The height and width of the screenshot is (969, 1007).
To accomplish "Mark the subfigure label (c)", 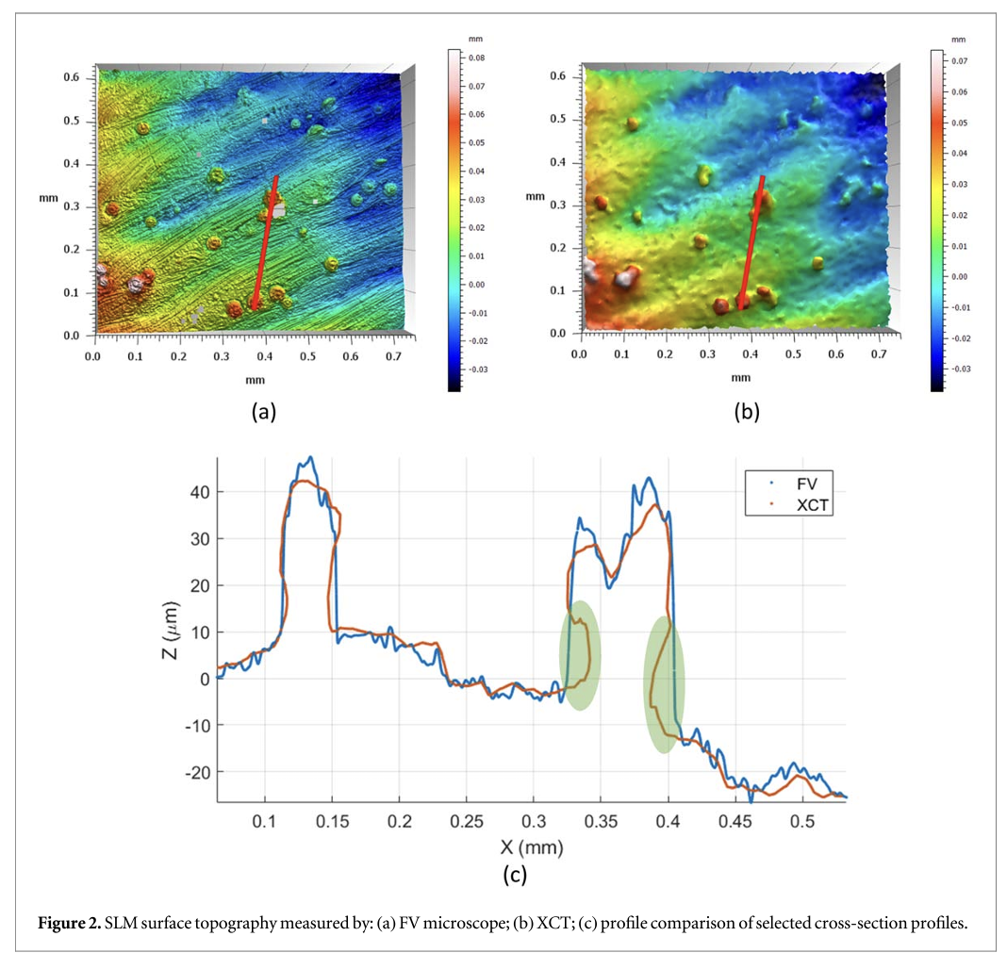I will click(514, 875).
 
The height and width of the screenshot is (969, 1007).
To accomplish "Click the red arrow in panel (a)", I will click(265, 241).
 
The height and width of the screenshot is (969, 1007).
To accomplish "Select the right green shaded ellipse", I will click(664, 682).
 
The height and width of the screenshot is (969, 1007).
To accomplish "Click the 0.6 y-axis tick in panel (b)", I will click(557, 75).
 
